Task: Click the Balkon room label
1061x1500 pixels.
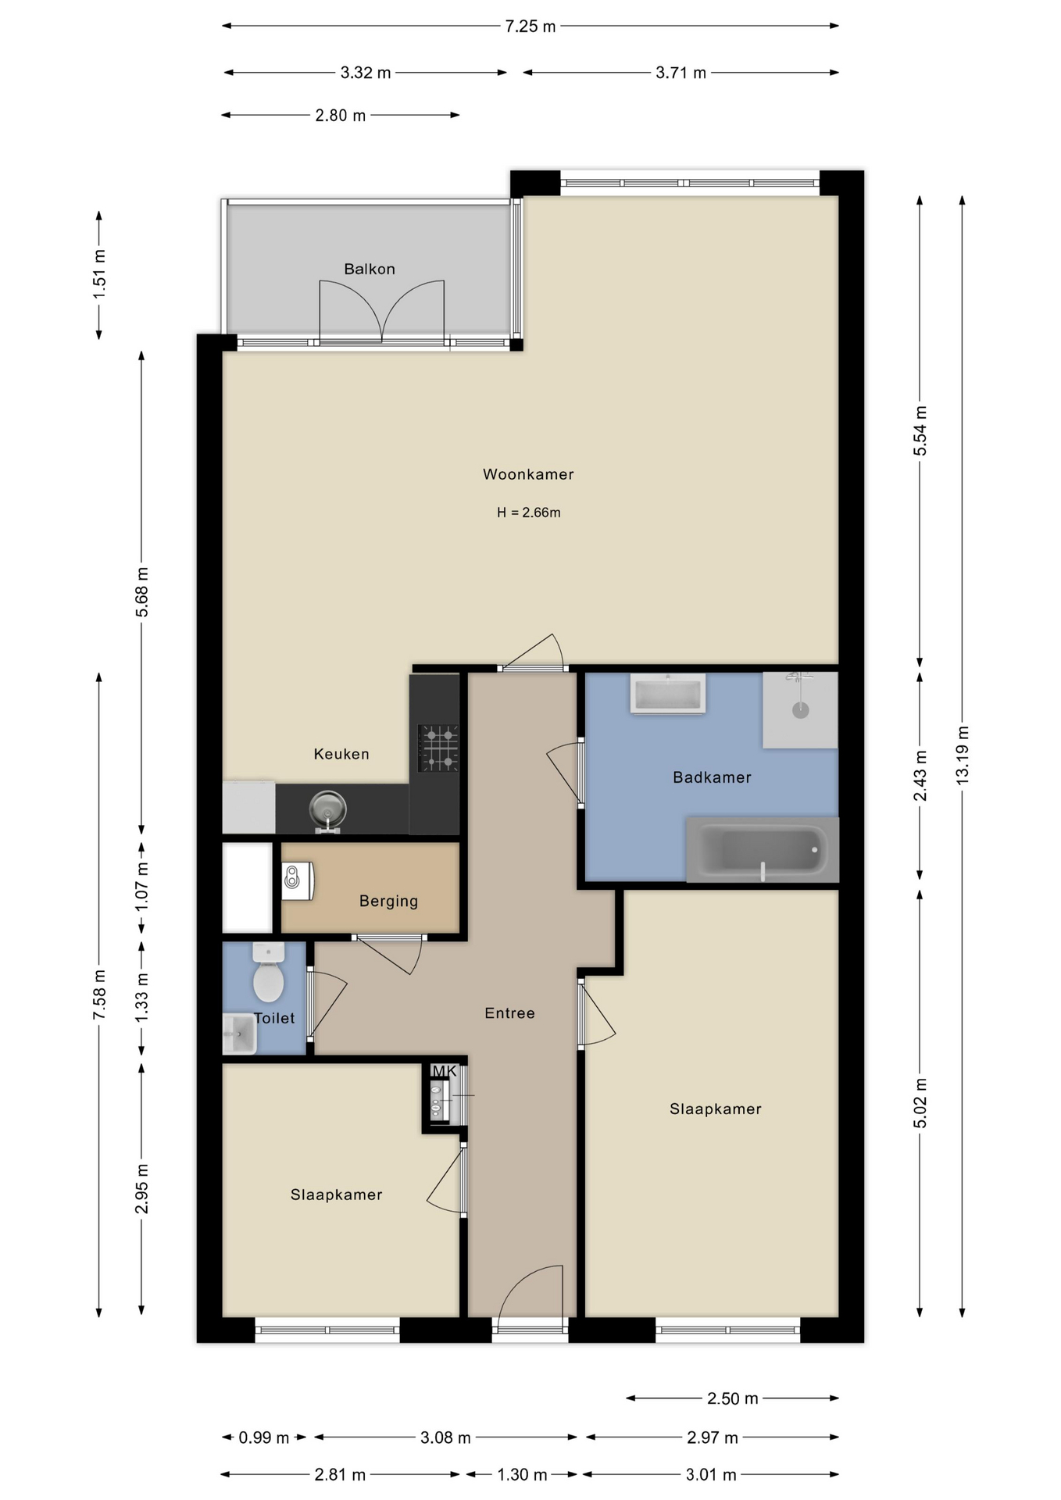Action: pyautogui.click(x=370, y=269)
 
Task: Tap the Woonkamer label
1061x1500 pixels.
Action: pyautogui.click(x=528, y=474)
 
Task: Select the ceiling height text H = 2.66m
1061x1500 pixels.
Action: pyautogui.click(x=529, y=512)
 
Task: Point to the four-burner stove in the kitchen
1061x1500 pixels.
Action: pyautogui.click(x=438, y=748)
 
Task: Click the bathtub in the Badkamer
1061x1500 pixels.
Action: pyautogui.click(x=762, y=849)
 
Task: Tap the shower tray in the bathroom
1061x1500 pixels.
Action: pyautogui.click(x=800, y=710)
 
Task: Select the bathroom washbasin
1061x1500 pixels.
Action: pyautogui.click(x=668, y=694)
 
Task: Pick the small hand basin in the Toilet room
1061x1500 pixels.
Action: pyautogui.click(x=239, y=1034)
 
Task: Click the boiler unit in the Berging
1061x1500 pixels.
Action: pyautogui.click(x=297, y=880)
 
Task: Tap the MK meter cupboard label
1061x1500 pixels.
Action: pyautogui.click(x=444, y=1071)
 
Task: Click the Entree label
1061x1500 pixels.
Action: pyautogui.click(x=509, y=1013)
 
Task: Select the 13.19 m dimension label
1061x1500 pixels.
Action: pyautogui.click(x=962, y=755)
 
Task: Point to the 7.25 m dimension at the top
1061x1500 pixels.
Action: pyautogui.click(x=530, y=27)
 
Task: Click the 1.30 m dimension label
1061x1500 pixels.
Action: pyautogui.click(x=522, y=1475)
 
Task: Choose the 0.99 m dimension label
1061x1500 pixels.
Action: pyautogui.click(x=263, y=1437)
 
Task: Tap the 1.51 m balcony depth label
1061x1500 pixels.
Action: pyautogui.click(x=99, y=274)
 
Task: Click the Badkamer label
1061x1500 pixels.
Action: pyautogui.click(x=712, y=777)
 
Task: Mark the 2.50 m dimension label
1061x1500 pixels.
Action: pyautogui.click(x=732, y=1398)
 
